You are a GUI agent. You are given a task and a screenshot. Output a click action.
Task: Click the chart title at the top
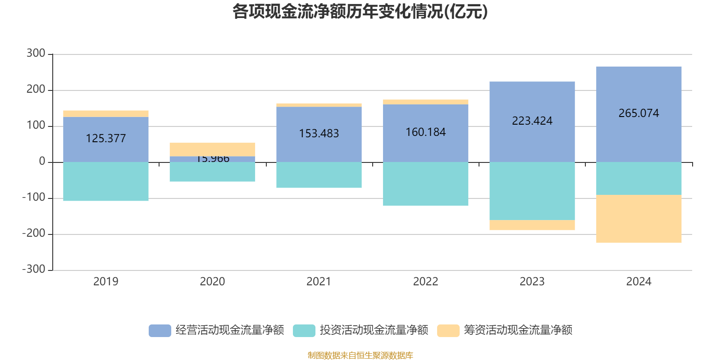[360, 12]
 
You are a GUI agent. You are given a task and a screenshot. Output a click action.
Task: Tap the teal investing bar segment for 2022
[425, 184]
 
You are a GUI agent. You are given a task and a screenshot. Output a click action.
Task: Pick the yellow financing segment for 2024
[639, 219]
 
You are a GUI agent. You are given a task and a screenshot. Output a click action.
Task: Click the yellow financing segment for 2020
[212, 149]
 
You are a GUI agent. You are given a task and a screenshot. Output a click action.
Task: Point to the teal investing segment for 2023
[532, 191]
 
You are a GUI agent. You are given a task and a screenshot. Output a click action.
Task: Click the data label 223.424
[532, 121]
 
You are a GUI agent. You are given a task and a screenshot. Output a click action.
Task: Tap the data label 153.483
[319, 134]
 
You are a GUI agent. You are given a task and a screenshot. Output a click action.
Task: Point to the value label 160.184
[425, 132]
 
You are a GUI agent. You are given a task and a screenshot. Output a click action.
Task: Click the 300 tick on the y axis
[36, 54]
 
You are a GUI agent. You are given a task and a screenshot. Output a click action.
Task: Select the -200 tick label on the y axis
[34, 234]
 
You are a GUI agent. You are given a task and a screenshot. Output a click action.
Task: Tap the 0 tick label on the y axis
[42, 162]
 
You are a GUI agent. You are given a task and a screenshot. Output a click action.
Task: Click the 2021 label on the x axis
[319, 282]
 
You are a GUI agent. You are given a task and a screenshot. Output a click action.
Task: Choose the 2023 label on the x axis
[532, 282]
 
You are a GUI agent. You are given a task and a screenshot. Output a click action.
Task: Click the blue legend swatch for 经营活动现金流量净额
[160, 331]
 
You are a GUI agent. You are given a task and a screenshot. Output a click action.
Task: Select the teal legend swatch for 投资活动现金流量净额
[304, 331]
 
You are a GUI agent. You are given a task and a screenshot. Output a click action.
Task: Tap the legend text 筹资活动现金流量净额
[518, 330]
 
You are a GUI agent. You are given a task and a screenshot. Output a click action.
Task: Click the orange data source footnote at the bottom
[360, 355]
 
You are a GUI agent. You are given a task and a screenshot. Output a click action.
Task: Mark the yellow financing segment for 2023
[532, 225]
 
